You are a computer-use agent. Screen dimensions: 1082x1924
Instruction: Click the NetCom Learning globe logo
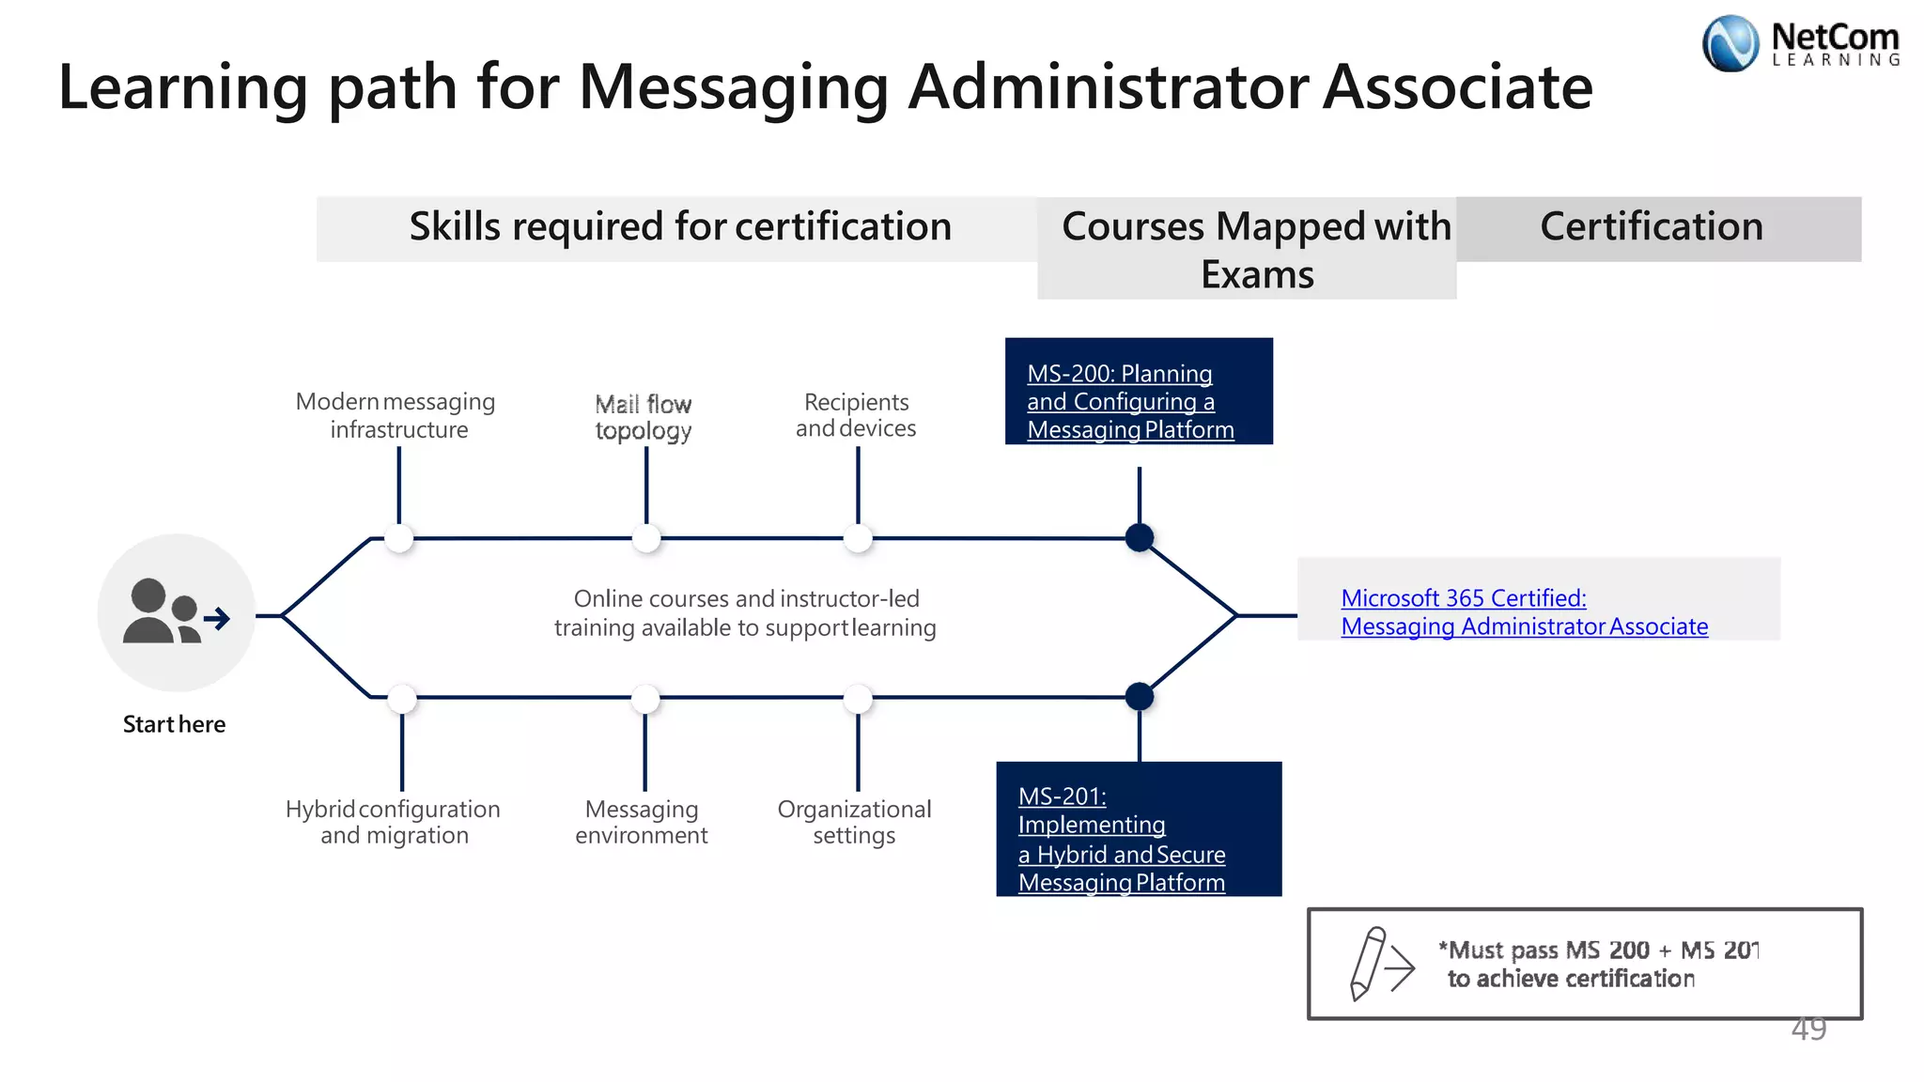[x=1730, y=44]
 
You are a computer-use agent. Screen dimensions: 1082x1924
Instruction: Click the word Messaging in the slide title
[x=733, y=87]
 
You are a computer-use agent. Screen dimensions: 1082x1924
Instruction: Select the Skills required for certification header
[x=680, y=227]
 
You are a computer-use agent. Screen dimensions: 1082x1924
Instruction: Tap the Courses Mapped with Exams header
[x=1255, y=250]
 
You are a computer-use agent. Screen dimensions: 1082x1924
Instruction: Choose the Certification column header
[x=1651, y=227]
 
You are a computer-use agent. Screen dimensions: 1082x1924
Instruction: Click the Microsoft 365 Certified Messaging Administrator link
[x=1523, y=612]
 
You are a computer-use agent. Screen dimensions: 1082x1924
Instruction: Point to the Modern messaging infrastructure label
[x=396, y=415]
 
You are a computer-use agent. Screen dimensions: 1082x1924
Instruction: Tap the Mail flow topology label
[x=644, y=417]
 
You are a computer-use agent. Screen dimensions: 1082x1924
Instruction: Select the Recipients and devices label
[x=856, y=415]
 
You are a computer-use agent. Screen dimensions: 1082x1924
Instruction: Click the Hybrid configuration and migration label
[x=393, y=822]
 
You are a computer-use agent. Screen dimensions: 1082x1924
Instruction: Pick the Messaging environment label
[x=642, y=822]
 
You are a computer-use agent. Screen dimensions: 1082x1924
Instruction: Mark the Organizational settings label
[x=854, y=822]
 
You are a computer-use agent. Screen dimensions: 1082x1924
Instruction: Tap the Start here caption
[x=174, y=724]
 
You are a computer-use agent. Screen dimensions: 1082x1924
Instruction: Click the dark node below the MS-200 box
[x=1139, y=537]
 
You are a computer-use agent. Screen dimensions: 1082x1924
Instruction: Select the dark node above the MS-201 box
[x=1139, y=696]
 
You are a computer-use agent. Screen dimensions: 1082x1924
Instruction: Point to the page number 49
[x=1808, y=1029]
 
